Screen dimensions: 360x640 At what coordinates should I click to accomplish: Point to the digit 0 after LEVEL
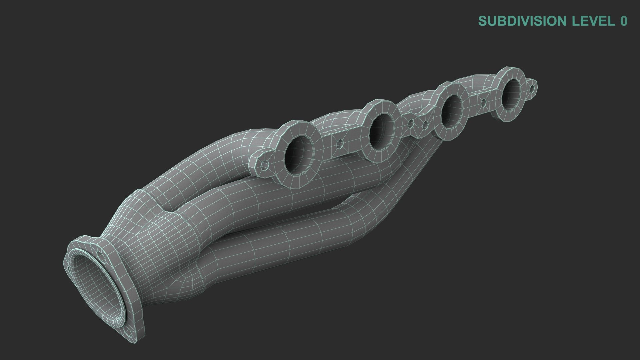tap(623, 21)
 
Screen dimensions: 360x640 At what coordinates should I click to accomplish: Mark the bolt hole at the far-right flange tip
tap(532, 88)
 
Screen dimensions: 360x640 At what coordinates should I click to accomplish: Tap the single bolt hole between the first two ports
tap(340, 144)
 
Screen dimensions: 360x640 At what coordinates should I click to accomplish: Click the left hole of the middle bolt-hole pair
tap(411, 123)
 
